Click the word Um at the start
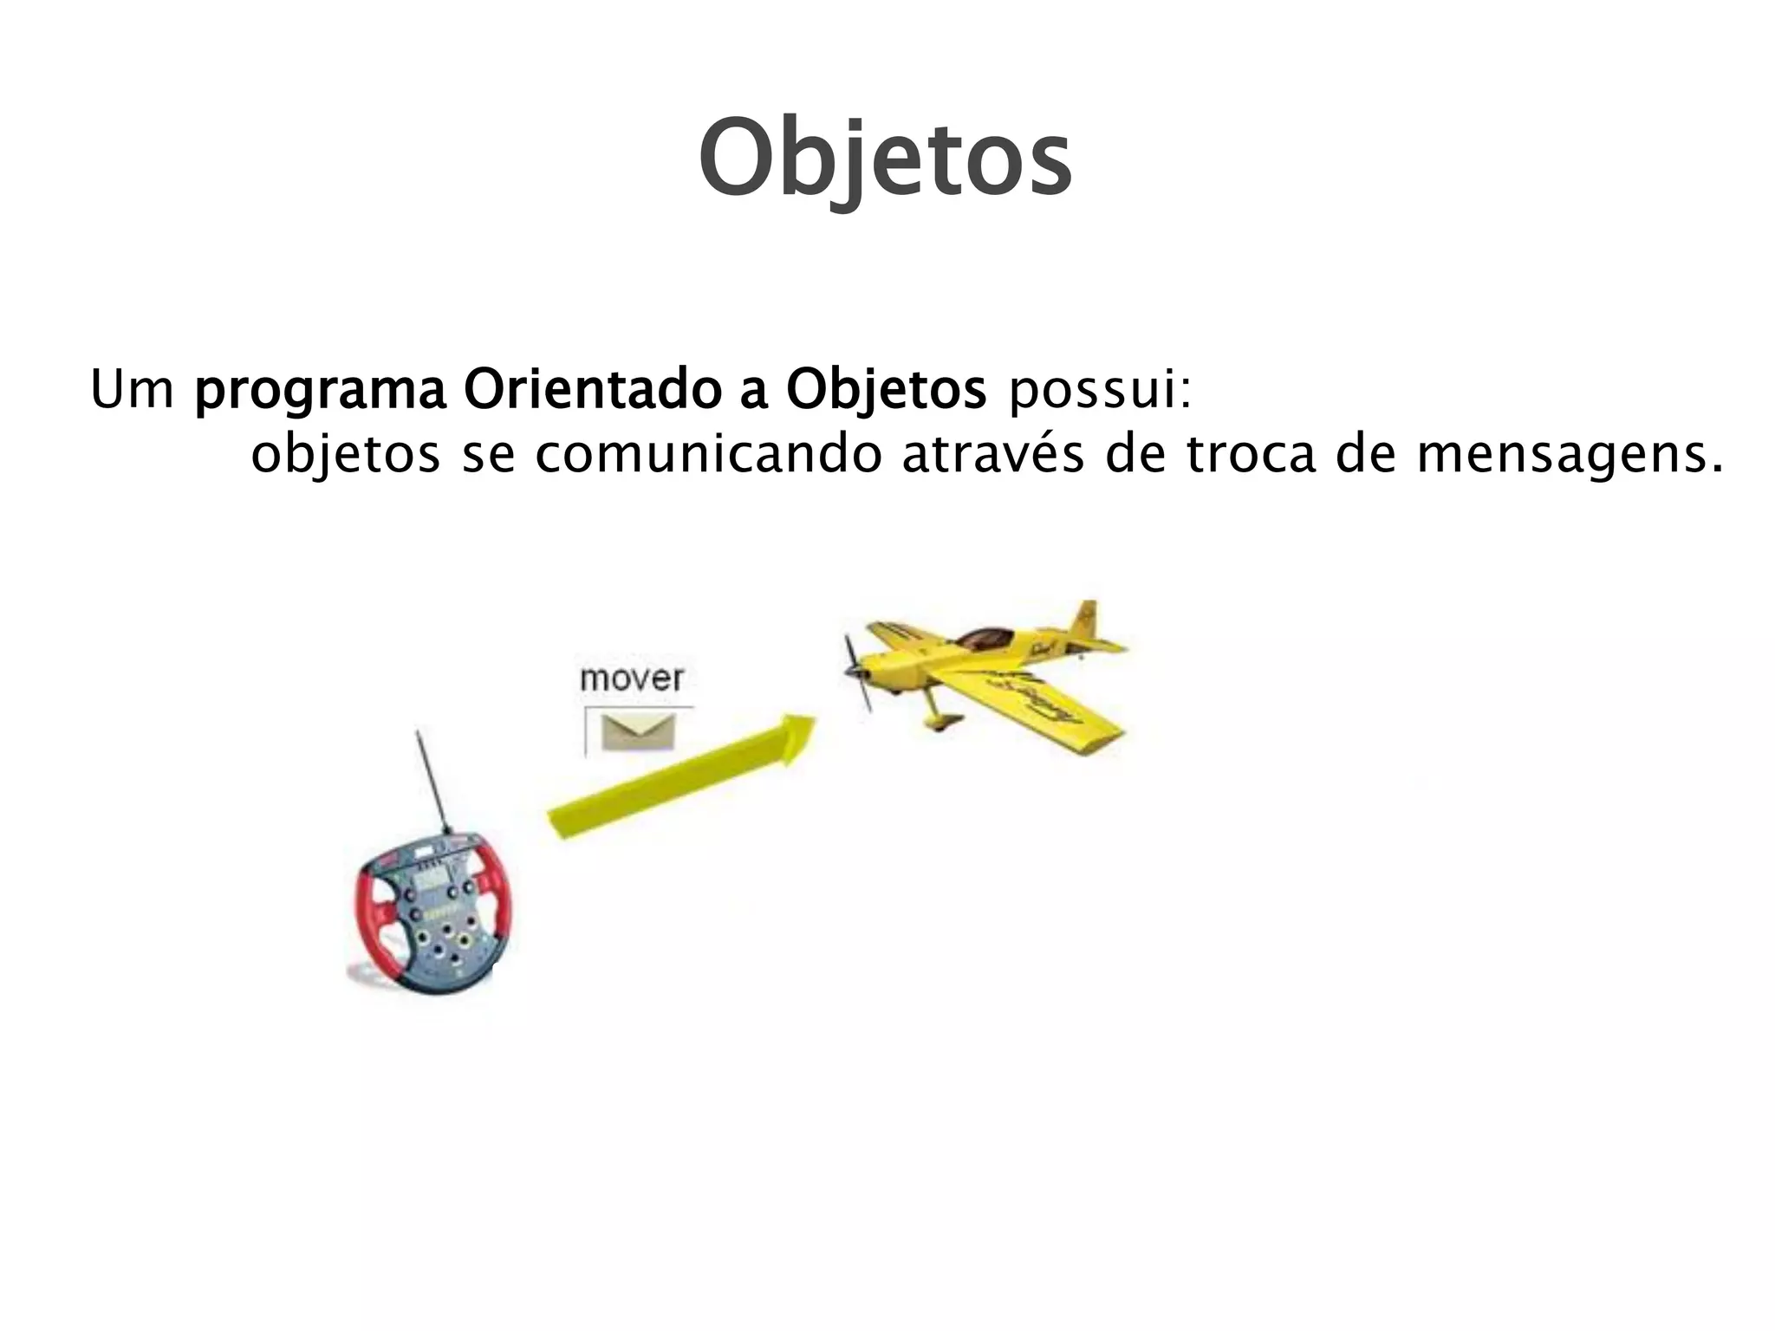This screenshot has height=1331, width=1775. pos(133,391)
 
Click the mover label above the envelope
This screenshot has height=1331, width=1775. pos(632,678)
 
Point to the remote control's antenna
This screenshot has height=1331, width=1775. pos(432,780)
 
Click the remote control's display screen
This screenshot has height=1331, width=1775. pos(430,883)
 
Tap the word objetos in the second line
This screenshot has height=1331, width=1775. pos(345,458)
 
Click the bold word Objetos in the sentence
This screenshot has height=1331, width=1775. pos(886,393)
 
